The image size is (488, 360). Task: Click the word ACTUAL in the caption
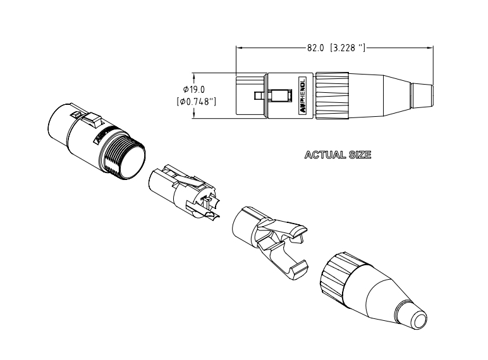pos(325,155)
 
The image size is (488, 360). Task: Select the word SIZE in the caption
pos(358,155)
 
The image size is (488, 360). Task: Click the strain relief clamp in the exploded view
pos(266,237)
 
